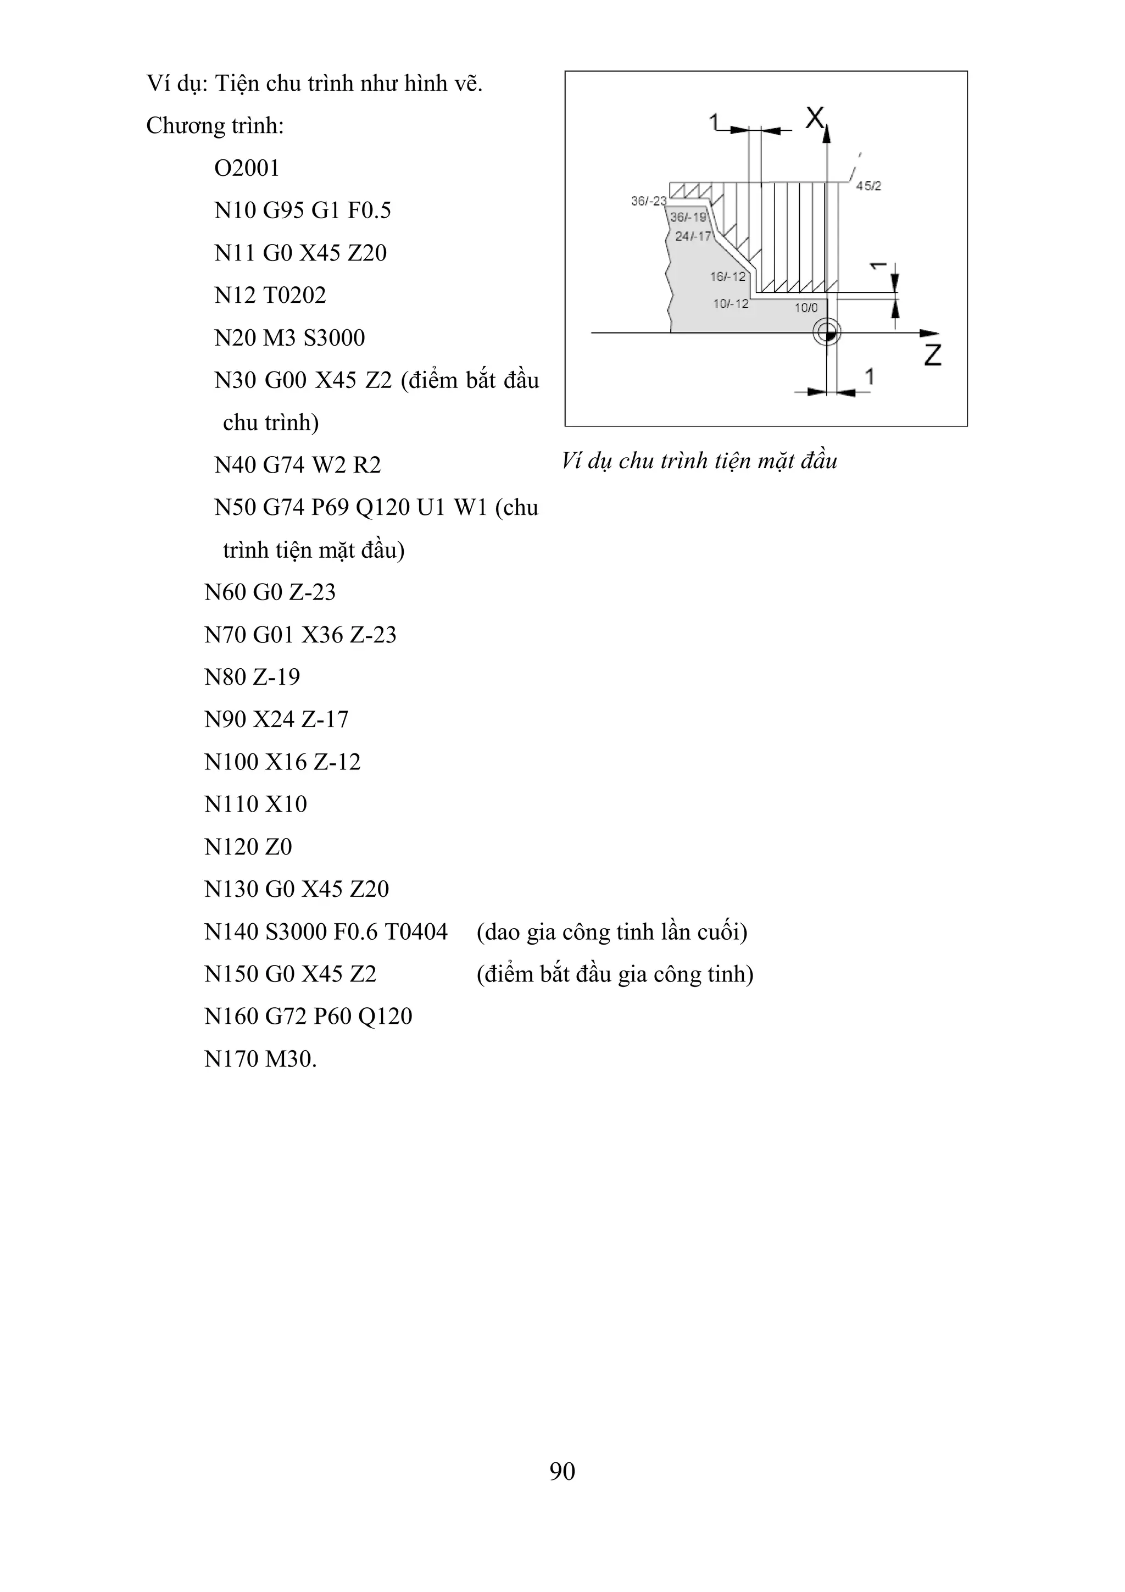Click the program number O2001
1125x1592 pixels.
247,169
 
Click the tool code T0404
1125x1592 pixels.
416,932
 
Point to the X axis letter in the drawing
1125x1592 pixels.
815,118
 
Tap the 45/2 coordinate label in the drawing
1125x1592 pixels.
868,186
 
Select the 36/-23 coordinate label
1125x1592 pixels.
648,201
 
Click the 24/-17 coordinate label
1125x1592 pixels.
693,236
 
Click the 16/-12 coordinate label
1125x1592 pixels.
727,276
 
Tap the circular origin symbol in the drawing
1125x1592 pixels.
827,333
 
